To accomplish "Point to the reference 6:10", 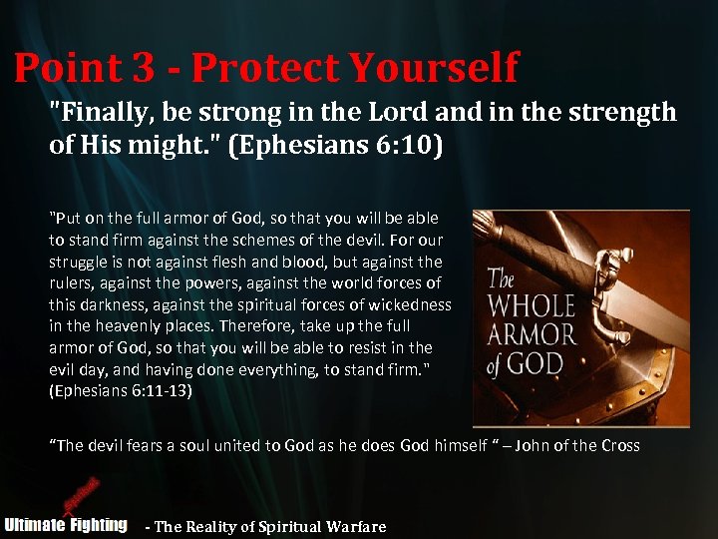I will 408,146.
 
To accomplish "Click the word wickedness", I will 409,304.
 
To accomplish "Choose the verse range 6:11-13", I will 150,391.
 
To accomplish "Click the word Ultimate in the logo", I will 34,525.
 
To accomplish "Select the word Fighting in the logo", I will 98,525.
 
